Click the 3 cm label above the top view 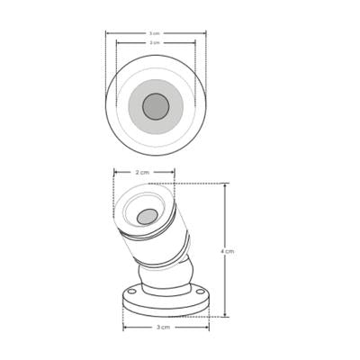click(155, 33)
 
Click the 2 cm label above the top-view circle click(155, 42)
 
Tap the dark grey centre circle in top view click(156, 106)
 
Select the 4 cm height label click(228, 251)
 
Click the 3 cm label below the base click(163, 328)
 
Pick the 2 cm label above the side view click(142, 172)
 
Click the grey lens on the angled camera click(147, 216)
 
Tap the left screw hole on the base click(131, 292)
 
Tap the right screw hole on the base click(200, 292)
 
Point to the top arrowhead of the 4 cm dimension click(225, 185)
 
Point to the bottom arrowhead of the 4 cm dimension click(225, 316)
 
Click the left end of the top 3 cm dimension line click(106, 33)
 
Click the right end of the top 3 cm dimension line click(206, 33)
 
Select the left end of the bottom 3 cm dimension click(123, 328)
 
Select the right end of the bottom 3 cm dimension click(209, 328)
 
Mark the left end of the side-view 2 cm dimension click(114, 172)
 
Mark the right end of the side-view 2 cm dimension click(175, 172)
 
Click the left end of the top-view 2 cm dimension click(117, 42)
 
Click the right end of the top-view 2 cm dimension click(195, 42)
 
